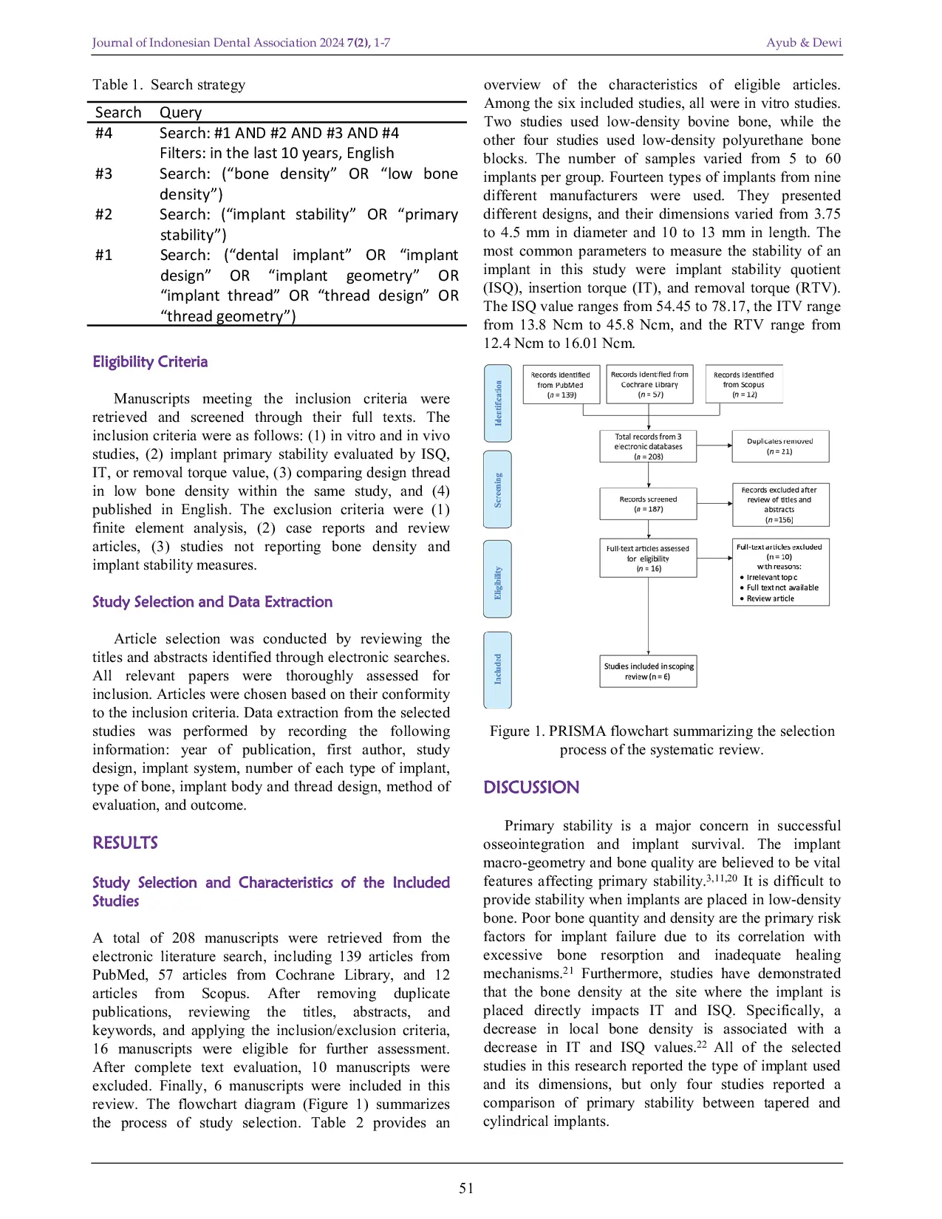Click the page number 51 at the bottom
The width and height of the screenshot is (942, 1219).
click(x=466, y=1188)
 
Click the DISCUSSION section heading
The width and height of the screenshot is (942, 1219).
click(x=531, y=788)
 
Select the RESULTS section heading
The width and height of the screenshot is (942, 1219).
click(x=125, y=843)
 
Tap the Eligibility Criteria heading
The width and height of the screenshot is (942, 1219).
click(x=150, y=362)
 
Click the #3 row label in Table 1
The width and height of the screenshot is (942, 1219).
click(x=104, y=174)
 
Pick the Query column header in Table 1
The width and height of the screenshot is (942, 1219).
click(x=180, y=112)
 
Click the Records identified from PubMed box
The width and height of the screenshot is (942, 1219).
click(x=561, y=384)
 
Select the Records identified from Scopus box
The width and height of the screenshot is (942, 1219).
click(x=743, y=384)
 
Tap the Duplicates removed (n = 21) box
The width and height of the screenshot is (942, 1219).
click(x=779, y=446)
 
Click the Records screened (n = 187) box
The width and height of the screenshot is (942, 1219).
click(x=648, y=504)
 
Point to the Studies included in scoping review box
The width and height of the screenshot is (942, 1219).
click(x=648, y=671)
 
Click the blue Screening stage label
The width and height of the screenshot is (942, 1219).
click(x=497, y=490)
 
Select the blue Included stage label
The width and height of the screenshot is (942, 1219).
click(x=497, y=669)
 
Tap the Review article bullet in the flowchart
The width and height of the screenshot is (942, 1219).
click(x=770, y=598)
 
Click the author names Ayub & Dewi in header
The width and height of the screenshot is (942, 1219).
click(x=804, y=43)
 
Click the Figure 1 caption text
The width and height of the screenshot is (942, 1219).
click(x=661, y=740)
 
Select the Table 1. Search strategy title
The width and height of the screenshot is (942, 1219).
click(x=168, y=85)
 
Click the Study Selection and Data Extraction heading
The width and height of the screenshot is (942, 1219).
click(x=212, y=602)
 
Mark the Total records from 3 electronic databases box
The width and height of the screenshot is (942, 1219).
click(x=648, y=446)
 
